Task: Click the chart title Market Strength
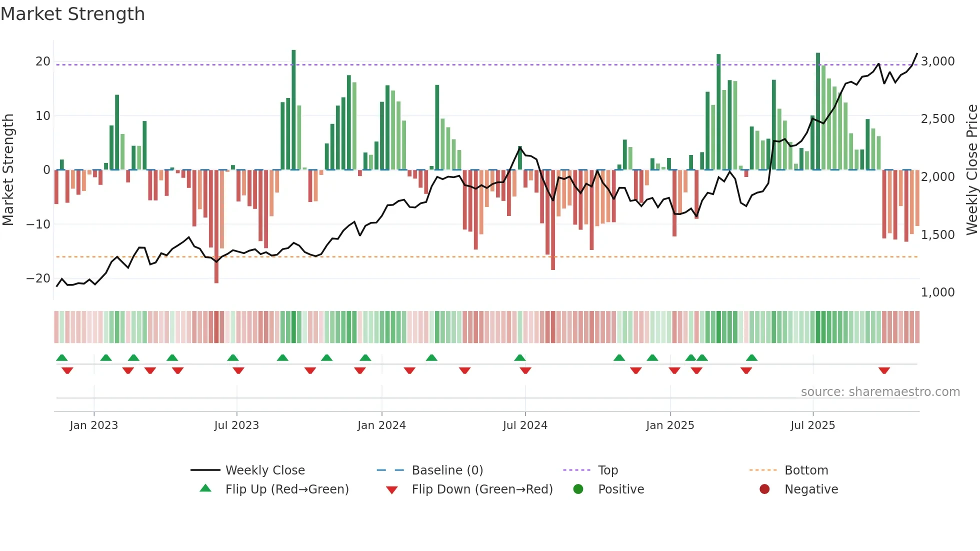tap(72, 14)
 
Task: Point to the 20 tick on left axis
tap(42, 61)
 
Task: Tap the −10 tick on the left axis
tap(38, 224)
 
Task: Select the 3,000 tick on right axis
tap(937, 61)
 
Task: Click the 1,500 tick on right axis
tap(937, 234)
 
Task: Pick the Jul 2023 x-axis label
tap(236, 425)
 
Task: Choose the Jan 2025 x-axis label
tap(670, 425)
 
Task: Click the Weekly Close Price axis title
tap(971, 170)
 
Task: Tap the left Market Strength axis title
tap(8, 170)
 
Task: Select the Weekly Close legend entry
tap(264, 470)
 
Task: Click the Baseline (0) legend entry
tap(447, 470)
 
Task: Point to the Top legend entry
tap(607, 470)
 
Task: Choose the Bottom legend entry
tap(806, 470)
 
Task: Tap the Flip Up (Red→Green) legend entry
tap(286, 489)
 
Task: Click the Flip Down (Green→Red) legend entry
tap(482, 489)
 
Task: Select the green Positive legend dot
tap(578, 489)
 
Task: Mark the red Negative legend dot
tap(764, 489)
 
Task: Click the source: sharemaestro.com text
tap(880, 392)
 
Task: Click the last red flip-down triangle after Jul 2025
tap(884, 370)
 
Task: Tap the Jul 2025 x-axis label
tap(812, 425)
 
